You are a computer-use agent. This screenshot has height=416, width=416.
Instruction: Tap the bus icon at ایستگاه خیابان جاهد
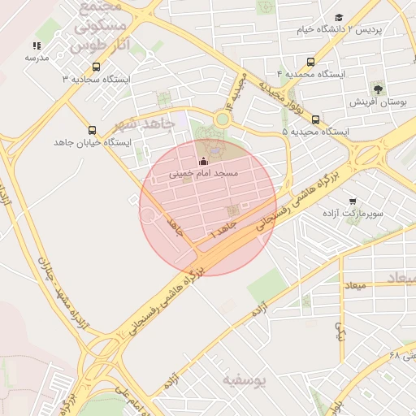coord(91,130)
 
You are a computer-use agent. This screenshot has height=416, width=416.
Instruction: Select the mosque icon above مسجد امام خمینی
coord(203,162)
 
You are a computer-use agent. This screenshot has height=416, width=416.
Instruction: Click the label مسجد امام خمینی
coord(203,174)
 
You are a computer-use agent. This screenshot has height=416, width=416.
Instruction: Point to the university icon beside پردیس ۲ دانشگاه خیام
coord(339,17)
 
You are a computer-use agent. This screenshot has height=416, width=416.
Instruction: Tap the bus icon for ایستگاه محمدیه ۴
coord(310,62)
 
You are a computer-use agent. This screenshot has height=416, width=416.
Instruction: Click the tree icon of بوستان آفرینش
coord(378,89)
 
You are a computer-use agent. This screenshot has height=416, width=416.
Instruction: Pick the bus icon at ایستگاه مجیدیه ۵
coord(315,119)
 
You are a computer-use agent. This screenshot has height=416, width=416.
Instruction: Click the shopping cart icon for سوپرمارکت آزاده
coord(352,201)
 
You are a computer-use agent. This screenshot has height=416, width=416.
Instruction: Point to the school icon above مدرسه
coord(37,46)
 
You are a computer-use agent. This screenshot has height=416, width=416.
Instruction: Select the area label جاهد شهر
coord(145,124)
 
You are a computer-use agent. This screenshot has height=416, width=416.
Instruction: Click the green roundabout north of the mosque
coord(222,119)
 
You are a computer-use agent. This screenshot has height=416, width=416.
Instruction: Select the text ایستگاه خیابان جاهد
coord(80,142)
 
